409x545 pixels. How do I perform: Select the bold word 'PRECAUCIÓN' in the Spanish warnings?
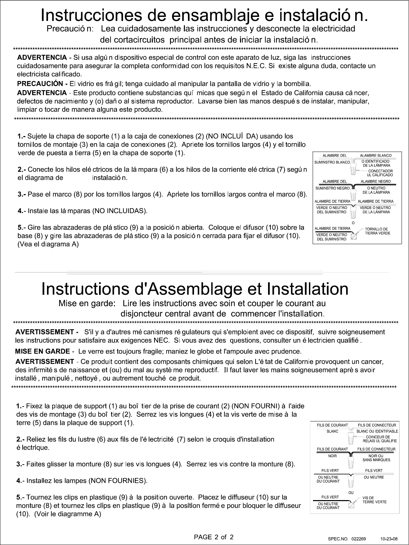point(40,83)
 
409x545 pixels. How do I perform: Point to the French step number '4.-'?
point(21,481)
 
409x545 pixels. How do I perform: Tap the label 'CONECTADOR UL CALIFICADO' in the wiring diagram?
point(380,173)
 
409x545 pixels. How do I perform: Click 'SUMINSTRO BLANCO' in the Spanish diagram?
point(332,162)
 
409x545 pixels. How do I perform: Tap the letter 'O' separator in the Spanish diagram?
point(353,223)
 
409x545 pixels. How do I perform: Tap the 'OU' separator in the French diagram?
point(351,493)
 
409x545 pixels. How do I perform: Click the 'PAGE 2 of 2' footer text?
point(213,537)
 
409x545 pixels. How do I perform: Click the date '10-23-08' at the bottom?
point(389,539)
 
